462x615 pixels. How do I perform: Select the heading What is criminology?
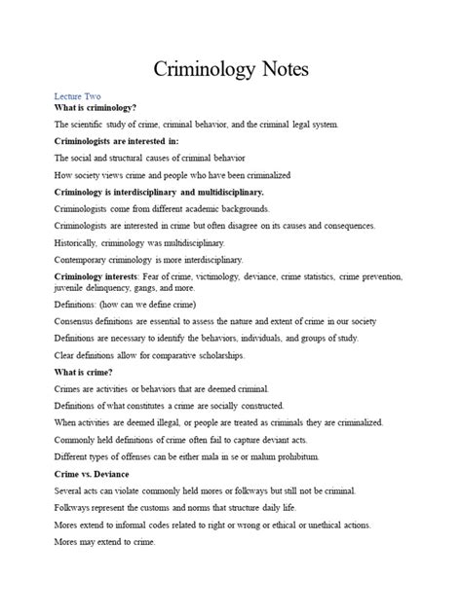point(96,108)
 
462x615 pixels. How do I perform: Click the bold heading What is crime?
point(85,373)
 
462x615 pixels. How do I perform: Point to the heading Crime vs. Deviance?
point(94,474)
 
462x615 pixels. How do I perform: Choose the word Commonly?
point(79,440)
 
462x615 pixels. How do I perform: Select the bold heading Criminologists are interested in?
point(122,141)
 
